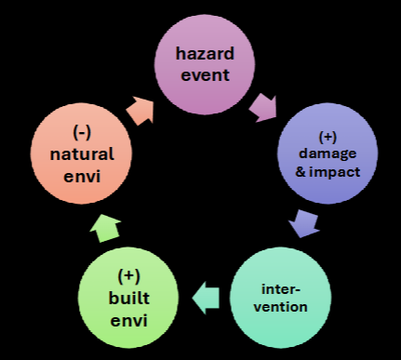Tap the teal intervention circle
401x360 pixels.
tap(281, 296)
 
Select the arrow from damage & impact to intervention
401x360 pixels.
tap(302, 224)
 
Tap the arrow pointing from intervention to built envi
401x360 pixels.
tap(206, 297)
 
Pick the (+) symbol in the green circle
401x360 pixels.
tap(128, 275)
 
